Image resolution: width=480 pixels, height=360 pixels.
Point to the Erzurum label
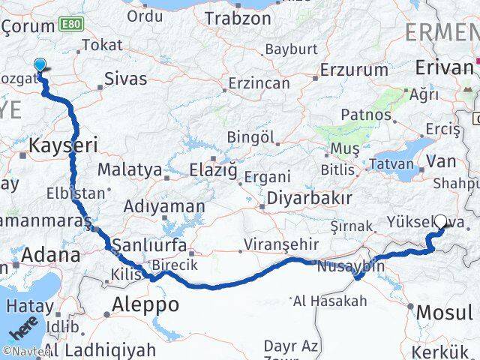coord(346,69)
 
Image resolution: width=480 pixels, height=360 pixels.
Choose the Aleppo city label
coord(145,304)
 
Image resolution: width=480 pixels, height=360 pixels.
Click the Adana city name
coord(50,255)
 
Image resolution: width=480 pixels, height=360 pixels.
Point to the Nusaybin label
coord(351,265)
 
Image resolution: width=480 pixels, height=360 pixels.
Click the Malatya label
coord(129,169)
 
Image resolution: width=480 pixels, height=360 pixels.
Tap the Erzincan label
coord(259,82)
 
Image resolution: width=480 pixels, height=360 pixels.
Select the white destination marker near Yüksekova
coord(441,222)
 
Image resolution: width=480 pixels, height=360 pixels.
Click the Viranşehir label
coord(281,244)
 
